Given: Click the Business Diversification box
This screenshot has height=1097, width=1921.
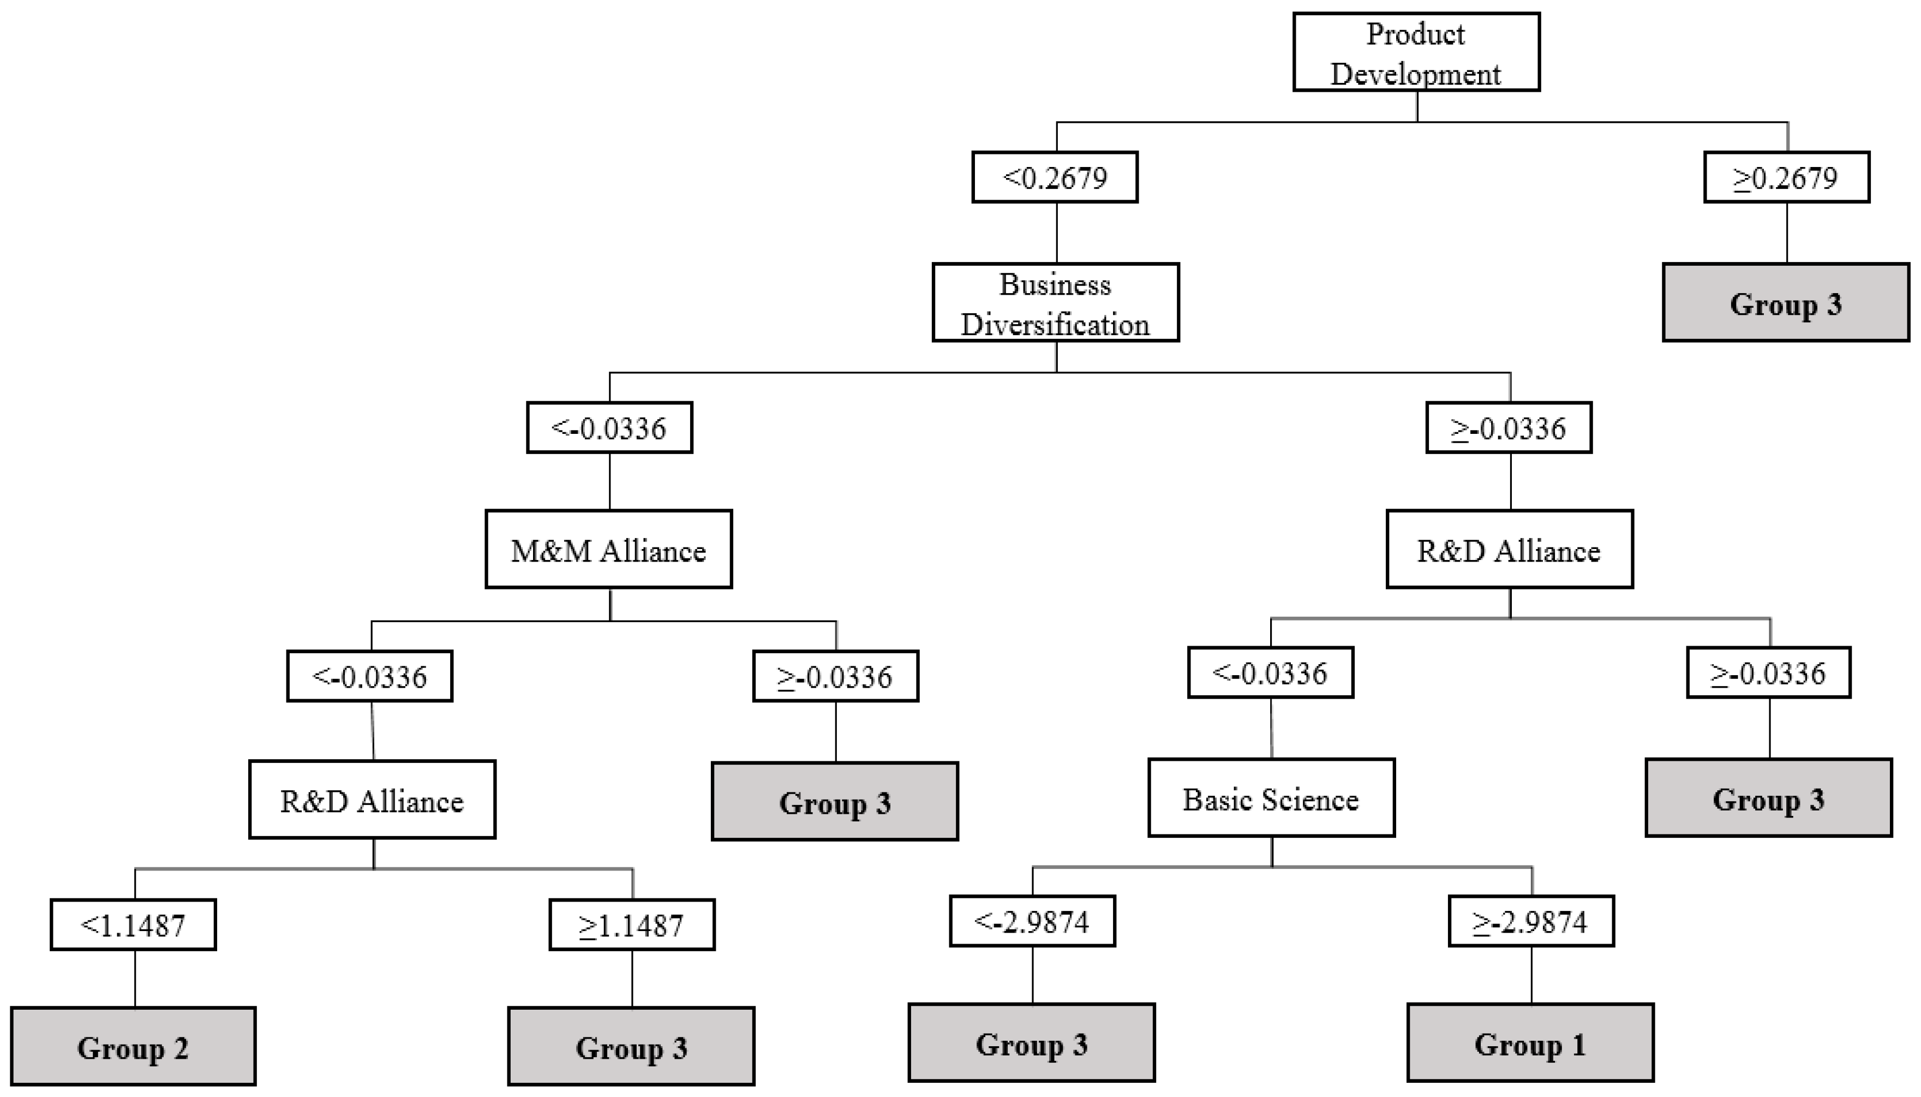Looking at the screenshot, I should pyautogui.click(x=1055, y=303).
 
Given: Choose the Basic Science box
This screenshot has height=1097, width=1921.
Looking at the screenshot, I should pyautogui.click(x=1271, y=798).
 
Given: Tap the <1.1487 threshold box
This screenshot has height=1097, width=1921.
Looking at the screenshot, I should pyautogui.click(x=133, y=925).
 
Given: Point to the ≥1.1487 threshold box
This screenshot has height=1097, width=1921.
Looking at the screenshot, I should pyautogui.click(x=632, y=925).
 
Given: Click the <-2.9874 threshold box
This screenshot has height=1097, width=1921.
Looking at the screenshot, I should pyautogui.click(x=1032, y=921).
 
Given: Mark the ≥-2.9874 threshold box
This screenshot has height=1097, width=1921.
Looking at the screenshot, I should pyautogui.click(x=1531, y=921).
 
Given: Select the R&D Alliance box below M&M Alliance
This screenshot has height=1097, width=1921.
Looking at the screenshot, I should pyautogui.click(x=372, y=800).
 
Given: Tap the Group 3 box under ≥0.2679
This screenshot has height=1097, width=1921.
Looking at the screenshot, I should pyautogui.click(x=1786, y=303).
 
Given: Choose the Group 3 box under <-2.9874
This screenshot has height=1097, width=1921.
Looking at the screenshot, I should pyautogui.click(x=1032, y=1044).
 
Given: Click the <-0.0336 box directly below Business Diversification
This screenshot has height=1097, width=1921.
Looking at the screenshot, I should pyautogui.click(x=609, y=428).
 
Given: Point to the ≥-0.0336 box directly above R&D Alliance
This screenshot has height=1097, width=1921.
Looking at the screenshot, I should pyautogui.click(x=1509, y=428).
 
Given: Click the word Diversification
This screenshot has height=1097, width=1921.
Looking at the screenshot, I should pyautogui.click(x=1055, y=325).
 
